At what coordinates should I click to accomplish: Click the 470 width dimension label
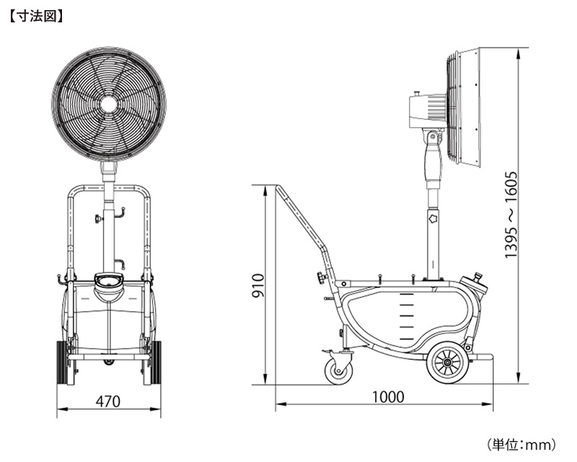pyautogui.click(x=107, y=401)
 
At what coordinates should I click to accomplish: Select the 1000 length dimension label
pyautogui.click(x=388, y=397)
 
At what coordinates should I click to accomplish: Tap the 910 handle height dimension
pyautogui.click(x=258, y=286)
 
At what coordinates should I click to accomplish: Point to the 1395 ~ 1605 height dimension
pyautogui.click(x=511, y=215)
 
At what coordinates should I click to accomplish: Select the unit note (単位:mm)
pyautogui.click(x=521, y=445)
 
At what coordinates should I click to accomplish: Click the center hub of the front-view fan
pyautogui.click(x=109, y=105)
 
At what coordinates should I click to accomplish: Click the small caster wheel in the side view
pyautogui.click(x=338, y=371)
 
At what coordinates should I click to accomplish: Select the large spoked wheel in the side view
pyautogui.click(x=447, y=363)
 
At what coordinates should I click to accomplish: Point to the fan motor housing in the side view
pyautogui.click(x=428, y=110)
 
